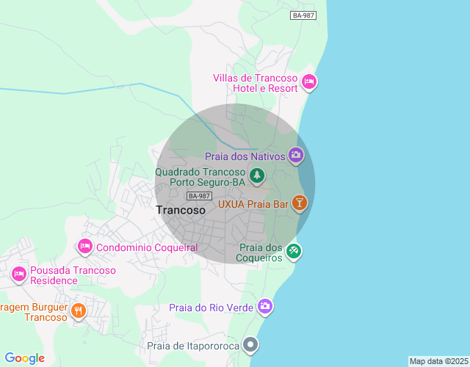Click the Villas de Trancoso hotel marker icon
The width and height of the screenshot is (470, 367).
309,81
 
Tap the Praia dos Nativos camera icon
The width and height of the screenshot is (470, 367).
296,154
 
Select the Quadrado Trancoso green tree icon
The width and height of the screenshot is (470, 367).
256,175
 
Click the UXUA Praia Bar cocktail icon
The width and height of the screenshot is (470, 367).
299,203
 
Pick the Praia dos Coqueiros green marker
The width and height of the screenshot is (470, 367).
294,252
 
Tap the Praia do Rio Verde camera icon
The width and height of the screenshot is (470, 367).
264,306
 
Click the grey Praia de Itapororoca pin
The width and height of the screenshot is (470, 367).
252,344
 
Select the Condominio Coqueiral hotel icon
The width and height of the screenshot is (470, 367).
85,247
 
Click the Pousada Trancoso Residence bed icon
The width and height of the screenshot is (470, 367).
19,275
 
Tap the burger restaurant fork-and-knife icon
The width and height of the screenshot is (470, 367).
79,311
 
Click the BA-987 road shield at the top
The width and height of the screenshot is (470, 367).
303,15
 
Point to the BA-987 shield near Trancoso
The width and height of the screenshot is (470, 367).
199,195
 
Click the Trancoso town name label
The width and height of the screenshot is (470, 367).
181,210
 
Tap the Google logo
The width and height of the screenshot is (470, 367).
24,357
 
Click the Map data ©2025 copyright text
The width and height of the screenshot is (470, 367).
438,361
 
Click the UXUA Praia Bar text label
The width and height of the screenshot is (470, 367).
253,203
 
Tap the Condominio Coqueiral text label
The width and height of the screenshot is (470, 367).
147,247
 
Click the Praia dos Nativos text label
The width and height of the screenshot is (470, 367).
245,156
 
